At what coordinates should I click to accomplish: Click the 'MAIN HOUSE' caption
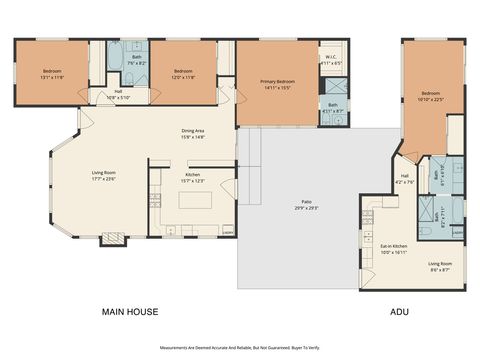130,312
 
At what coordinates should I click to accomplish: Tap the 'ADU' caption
399,312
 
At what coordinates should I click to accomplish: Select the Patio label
296,206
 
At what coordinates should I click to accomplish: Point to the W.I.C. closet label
331,60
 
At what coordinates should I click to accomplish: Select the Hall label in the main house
118,95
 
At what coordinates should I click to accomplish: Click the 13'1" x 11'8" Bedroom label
53,73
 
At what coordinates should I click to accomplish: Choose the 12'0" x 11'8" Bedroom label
183,73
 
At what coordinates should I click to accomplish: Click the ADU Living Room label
425,267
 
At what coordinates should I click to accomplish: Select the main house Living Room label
104,176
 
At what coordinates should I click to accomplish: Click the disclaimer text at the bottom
240,348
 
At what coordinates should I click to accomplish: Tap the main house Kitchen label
193,177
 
